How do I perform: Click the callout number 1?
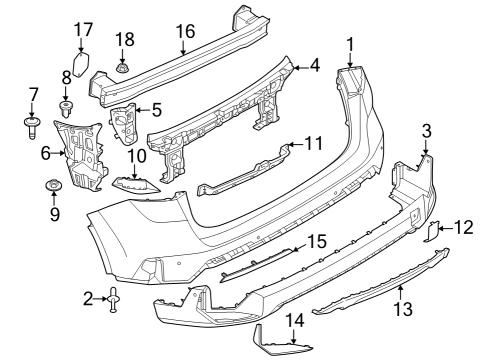(x=351, y=43)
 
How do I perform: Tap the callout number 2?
(x=88, y=297)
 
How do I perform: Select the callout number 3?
(x=426, y=130)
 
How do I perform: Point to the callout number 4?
(x=314, y=65)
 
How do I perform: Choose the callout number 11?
(x=314, y=143)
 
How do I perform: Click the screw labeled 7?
(x=32, y=128)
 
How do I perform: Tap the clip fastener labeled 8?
(x=68, y=106)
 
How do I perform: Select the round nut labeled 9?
(x=54, y=186)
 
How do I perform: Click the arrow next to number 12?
(x=444, y=229)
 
